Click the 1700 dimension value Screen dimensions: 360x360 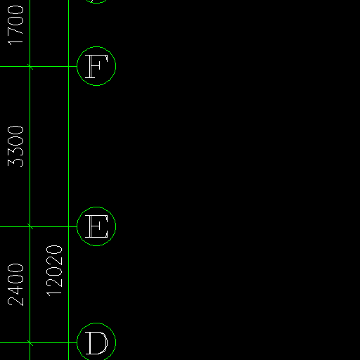tap(15, 25)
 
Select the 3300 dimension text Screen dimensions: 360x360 tap(15, 146)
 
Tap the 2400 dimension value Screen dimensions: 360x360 tap(15, 285)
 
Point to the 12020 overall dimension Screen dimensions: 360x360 tap(54, 271)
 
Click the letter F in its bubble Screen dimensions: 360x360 tap(96, 66)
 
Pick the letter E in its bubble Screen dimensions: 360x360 tap(96, 226)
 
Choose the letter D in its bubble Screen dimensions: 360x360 tap(96, 342)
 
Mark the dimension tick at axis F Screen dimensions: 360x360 tap(30, 67)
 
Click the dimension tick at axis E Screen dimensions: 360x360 tap(30, 226)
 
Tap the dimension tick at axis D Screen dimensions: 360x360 tap(30, 343)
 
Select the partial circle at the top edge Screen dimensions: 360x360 tap(96, 3)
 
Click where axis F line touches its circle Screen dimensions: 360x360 tap(77, 67)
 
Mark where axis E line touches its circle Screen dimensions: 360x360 tap(77, 226)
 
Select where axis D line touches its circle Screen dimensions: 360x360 tap(77, 343)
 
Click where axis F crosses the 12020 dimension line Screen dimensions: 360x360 tap(69, 67)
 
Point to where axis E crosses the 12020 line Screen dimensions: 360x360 tap(69, 226)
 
